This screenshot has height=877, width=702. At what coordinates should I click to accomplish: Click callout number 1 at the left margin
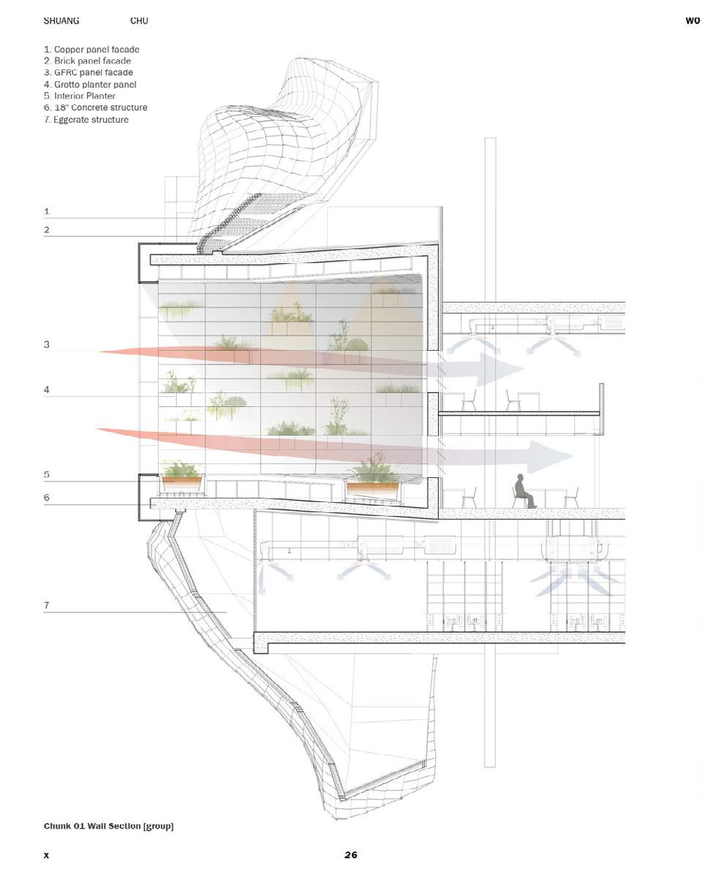pos(47,211)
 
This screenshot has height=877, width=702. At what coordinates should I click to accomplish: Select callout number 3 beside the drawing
pos(47,344)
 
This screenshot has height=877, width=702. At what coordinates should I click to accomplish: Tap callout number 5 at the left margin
pos(47,474)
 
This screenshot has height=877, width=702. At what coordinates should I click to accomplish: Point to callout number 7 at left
pos(47,605)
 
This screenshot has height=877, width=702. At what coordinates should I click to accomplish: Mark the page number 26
pos(351,854)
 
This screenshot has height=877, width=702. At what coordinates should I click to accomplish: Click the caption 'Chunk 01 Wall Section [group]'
pos(108,826)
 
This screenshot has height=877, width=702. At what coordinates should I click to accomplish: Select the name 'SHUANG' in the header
pos(61,21)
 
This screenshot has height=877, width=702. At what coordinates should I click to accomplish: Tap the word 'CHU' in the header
pos(139,21)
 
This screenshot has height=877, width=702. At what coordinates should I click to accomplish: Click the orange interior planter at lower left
pos(182,482)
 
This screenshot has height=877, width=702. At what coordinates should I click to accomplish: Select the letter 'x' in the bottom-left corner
pos(46,854)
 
